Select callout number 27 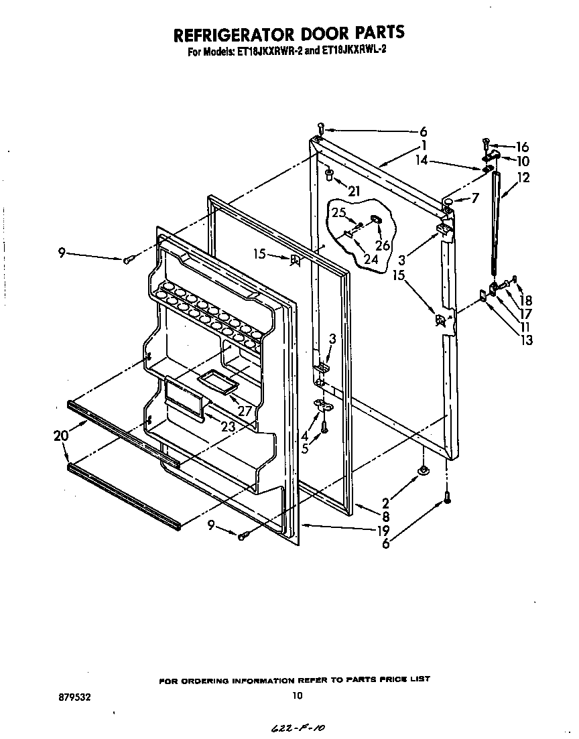[244, 411]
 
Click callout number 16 [521, 147]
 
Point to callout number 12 [523, 178]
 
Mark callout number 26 [382, 246]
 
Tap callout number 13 [527, 340]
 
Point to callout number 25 [339, 212]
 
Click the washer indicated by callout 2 [424, 473]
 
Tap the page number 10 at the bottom [298, 696]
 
